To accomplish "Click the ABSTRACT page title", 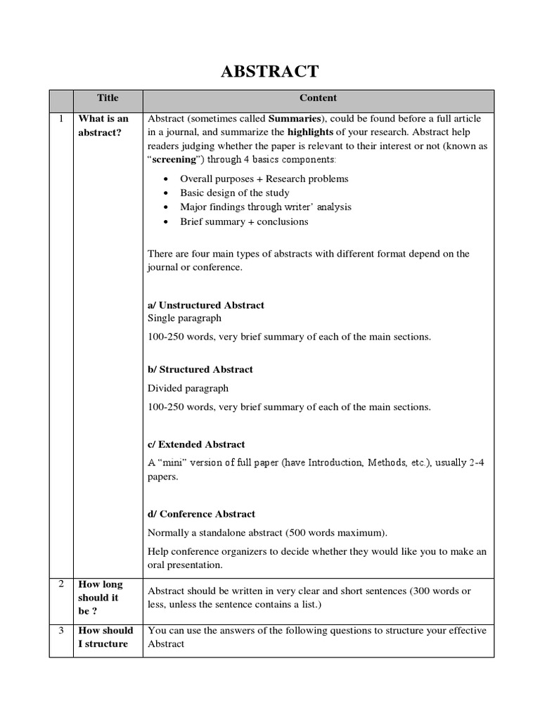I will click(270, 71).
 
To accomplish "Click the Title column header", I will click(108, 98).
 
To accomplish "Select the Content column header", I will click(318, 98).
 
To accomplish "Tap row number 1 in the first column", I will click(60, 119).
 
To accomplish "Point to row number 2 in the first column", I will click(60, 584).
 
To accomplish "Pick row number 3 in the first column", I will click(60, 631).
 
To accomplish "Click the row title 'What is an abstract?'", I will click(103, 125).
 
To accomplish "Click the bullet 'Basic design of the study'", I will click(234, 193).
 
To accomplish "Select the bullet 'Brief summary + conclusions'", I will click(244, 221).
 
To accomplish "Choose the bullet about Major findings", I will click(265, 207).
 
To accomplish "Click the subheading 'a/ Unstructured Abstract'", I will click(206, 305).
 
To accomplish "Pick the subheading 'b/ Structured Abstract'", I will click(200, 369).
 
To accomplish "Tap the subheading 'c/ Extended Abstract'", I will click(196, 444).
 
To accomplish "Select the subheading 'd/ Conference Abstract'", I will click(201, 514).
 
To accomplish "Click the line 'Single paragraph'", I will click(184, 319).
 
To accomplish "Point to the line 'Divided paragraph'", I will click(188, 388).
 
